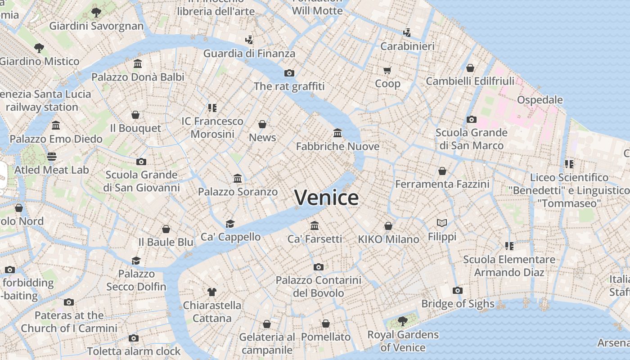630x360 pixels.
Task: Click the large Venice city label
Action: [326, 198]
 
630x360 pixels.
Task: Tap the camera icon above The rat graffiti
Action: [289, 73]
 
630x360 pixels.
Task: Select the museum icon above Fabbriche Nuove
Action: [337, 133]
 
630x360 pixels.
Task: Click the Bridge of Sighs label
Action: [458, 304]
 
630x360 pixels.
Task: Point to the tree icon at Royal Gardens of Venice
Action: [403, 321]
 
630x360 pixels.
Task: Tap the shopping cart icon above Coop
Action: [387, 70]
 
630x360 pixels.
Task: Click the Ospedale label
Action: [540, 99]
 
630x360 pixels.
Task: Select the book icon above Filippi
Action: [442, 223]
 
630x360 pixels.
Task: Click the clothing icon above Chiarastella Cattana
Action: [212, 292]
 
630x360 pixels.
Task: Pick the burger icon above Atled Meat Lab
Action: [52, 157]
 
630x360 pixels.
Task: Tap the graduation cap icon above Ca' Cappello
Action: [230, 224]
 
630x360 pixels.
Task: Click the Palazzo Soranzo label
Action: [238, 192]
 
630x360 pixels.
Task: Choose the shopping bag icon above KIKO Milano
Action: [388, 226]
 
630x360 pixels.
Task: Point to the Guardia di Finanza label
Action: [249, 54]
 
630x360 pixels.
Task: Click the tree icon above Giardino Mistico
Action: [39, 48]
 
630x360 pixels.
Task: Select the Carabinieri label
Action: [407, 46]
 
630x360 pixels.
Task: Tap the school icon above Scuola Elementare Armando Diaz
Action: [509, 246]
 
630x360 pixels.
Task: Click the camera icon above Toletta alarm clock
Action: [134, 338]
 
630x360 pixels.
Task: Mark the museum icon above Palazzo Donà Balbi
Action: [138, 64]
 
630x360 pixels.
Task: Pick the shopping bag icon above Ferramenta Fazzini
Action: [442, 171]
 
